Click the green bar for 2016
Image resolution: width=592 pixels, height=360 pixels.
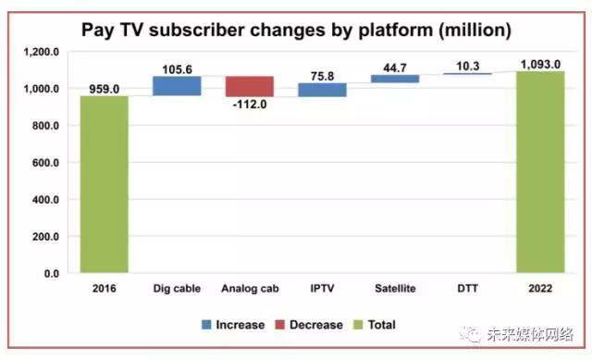click(x=105, y=184)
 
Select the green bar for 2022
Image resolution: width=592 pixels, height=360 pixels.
click(x=540, y=172)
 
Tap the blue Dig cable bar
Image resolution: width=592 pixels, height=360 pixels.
click(x=177, y=86)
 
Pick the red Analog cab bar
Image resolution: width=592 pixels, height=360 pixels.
click(x=250, y=86)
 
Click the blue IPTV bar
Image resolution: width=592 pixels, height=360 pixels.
click(x=323, y=90)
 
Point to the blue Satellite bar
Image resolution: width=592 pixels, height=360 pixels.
click(x=395, y=79)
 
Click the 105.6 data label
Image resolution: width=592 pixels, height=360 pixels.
click(x=177, y=69)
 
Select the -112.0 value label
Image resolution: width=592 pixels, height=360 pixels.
click(x=250, y=104)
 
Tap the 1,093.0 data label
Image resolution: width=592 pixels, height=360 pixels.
click(x=540, y=65)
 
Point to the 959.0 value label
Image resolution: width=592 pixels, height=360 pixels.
click(x=105, y=89)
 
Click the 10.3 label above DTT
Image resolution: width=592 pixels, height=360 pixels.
click(x=468, y=66)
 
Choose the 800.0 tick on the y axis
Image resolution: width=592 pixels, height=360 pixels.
click(x=45, y=126)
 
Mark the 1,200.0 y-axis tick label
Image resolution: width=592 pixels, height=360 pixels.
click(x=42, y=52)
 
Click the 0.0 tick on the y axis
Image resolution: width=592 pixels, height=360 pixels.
click(x=52, y=274)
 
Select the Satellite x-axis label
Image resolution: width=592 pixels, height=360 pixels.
click(x=395, y=289)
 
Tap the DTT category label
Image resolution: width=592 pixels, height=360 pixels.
click(x=468, y=289)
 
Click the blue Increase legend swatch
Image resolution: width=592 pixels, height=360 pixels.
click(x=206, y=325)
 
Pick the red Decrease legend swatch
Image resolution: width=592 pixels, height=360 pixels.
click(x=279, y=325)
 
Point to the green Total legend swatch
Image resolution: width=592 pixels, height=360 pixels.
click(x=358, y=325)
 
